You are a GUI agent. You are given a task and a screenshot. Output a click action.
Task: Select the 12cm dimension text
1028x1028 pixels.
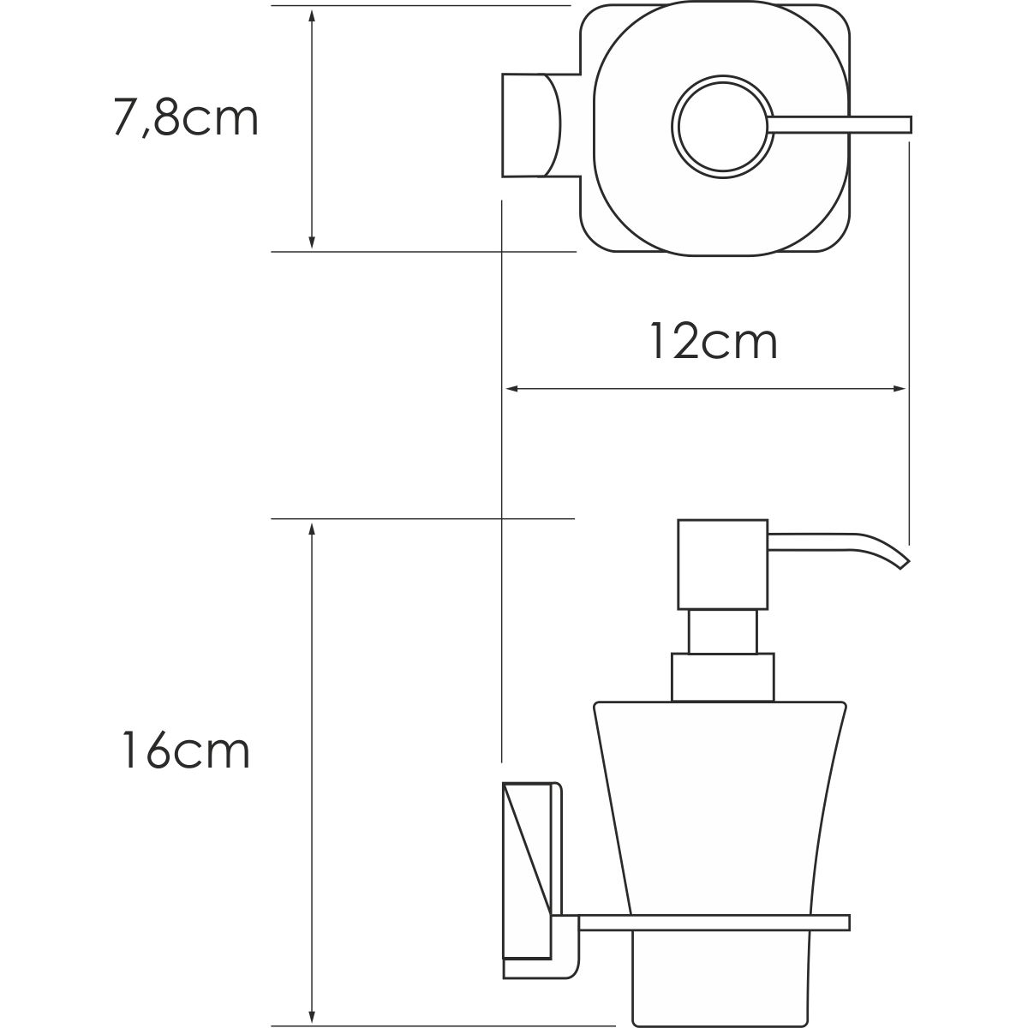(713, 341)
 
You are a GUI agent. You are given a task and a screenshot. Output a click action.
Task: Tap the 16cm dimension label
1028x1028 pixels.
(185, 750)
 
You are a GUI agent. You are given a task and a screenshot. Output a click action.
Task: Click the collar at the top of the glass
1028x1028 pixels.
(722, 677)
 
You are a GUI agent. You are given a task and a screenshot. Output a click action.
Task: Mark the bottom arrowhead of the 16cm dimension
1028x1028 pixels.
(312, 1011)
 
